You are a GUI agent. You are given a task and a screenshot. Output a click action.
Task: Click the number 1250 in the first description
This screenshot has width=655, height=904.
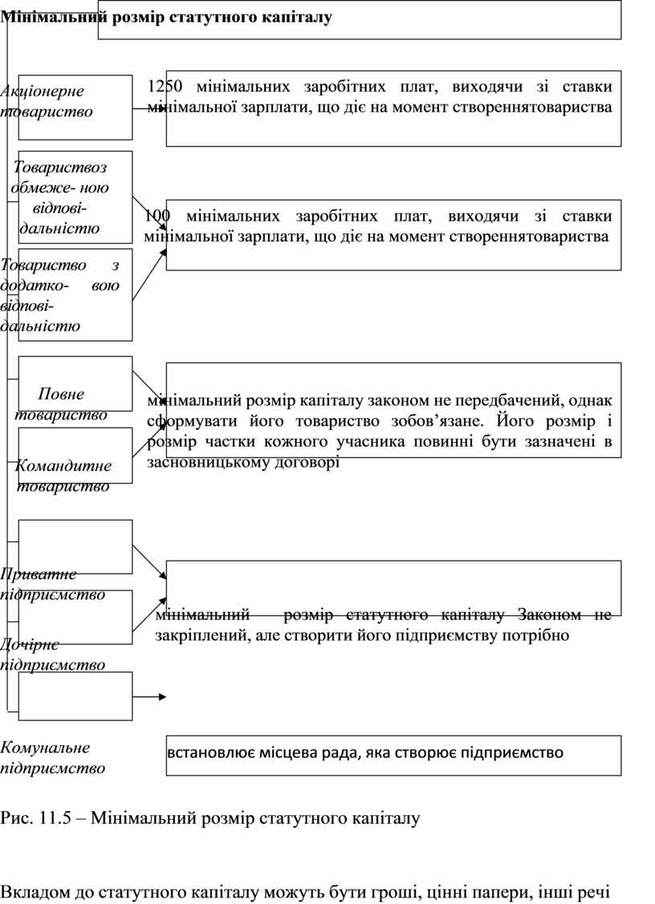[166, 87]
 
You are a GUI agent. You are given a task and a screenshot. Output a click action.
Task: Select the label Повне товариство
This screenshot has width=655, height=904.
[62, 404]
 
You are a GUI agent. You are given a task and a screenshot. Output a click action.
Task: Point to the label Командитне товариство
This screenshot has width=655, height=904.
[63, 476]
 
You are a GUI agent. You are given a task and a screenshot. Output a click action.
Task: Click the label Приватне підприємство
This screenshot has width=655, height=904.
[53, 584]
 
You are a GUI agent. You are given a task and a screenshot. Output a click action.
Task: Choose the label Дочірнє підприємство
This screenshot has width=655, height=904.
[53, 654]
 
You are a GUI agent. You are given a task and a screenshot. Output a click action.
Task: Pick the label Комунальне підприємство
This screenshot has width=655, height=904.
[53, 758]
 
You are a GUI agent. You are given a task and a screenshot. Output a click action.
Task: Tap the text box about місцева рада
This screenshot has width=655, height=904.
[393, 754]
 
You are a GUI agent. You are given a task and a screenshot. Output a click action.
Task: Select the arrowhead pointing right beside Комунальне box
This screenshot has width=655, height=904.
[163, 697]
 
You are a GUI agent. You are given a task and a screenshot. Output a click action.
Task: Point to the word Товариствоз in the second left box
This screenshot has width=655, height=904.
[60, 167]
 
